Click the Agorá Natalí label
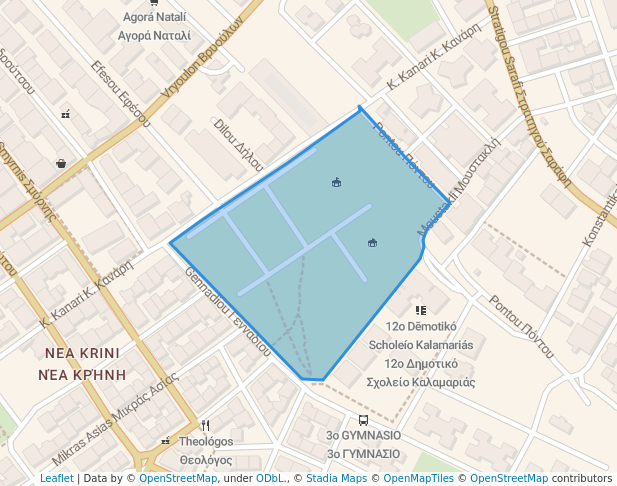(154, 18)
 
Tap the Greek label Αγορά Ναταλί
(154, 35)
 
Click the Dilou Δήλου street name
(239, 144)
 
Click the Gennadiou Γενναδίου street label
(227, 311)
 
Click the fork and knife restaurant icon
(205, 425)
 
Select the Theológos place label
(206, 442)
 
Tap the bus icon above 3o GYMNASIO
(363, 420)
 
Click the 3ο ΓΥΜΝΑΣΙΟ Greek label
(363, 454)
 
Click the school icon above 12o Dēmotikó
(420, 311)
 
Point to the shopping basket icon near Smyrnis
(61, 163)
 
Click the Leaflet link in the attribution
(56, 478)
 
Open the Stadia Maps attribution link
(335, 478)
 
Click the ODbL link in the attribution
(270, 478)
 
